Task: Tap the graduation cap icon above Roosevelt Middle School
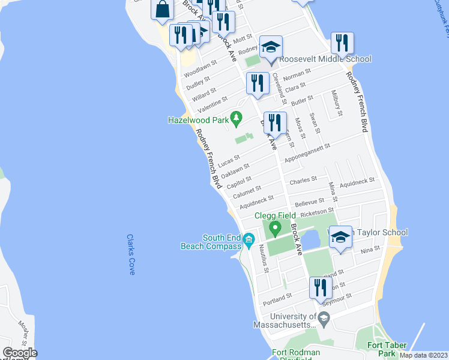[271, 47]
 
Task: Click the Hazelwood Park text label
[198, 120]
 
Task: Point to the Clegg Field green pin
[275, 228]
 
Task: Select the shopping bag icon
[163, 10]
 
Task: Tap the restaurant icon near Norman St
[258, 84]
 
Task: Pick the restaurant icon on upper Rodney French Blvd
[342, 43]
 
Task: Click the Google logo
[20, 353]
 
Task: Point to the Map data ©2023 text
[423, 355]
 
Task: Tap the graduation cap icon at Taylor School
[340, 238]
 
